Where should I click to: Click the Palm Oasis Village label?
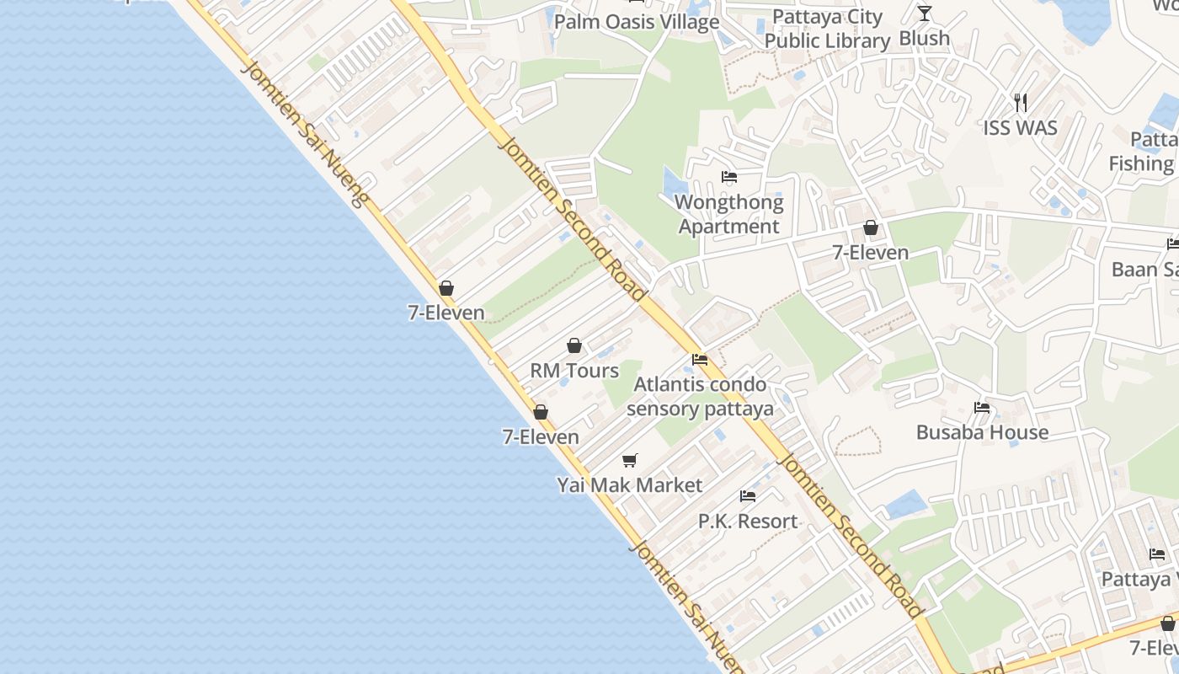click(636, 22)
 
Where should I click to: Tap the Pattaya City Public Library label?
click(827, 29)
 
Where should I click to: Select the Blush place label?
click(924, 39)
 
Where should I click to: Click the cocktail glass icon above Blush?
click(925, 13)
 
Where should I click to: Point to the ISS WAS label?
click(1020, 128)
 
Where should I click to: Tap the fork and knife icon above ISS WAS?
click(1021, 103)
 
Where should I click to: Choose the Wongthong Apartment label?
click(729, 214)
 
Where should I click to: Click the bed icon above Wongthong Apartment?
click(729, 177)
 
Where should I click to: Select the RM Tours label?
click(574, 371)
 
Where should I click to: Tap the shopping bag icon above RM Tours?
click(574, 345)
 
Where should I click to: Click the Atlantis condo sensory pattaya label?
click(700, 397)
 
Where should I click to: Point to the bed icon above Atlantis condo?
click(700, 360)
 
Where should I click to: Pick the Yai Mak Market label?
click(629, 485)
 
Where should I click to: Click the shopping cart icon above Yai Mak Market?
click(630, 460)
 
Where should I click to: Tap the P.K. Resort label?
click(748, 522)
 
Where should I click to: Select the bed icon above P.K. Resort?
click(748, 496)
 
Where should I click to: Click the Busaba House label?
click(982, 432)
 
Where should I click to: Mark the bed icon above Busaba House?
click(982, 408)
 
